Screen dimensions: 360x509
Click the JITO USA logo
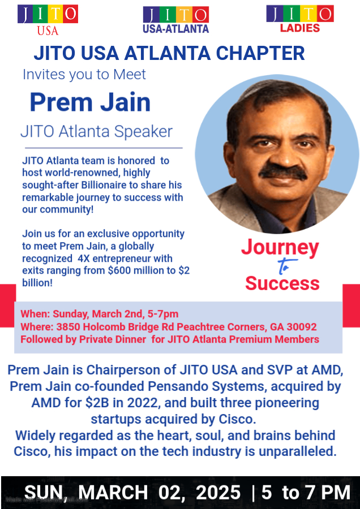coord(48,20)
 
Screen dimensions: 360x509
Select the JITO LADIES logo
coord(300,19)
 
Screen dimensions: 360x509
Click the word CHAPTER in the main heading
coord(260,53)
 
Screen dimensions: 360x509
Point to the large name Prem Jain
coord(91,102)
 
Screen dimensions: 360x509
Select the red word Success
coord(282,283)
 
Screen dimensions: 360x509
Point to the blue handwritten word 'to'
coord(286,266)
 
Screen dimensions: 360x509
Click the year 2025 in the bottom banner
coord(218,492)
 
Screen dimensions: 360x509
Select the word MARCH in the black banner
coord(113,492)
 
